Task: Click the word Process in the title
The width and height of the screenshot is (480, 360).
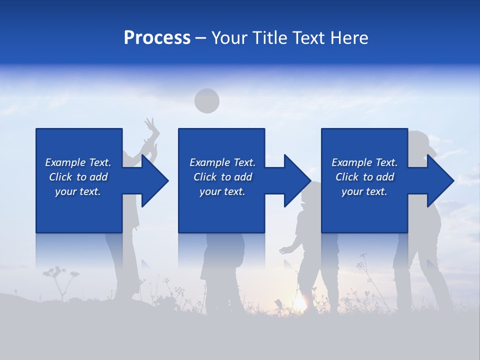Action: (157, 37)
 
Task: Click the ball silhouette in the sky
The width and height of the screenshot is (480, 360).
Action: (206, 100)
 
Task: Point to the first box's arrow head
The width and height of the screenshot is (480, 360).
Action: (154, 180)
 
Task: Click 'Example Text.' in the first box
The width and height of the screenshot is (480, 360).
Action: (78, 162)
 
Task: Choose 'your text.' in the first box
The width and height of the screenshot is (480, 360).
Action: (78, 191)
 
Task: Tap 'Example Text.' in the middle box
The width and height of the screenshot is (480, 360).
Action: (222, 162)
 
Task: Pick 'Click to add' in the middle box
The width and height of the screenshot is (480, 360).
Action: (222, 177)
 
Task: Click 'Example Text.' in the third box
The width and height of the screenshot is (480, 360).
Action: (364, 162)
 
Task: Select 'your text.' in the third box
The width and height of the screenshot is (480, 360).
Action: (364, 191)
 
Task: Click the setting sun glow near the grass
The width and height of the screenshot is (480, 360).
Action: (299, 302)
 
